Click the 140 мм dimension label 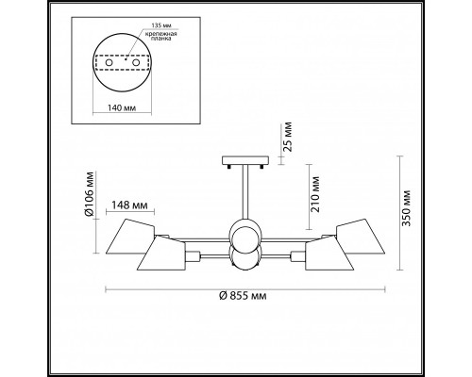(x=122, y=108)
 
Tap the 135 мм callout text (x=161, y=25)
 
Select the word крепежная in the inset (x=160, y=34)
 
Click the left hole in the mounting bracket (x=110, y=62)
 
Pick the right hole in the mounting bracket (x=136, y=62)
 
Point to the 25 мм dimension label (x=288, y=137)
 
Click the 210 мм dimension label (x=315, y=195)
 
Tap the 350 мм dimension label (x=407, y=208)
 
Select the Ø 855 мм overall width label (x=243, y=296)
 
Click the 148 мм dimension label (x=129, y=205)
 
